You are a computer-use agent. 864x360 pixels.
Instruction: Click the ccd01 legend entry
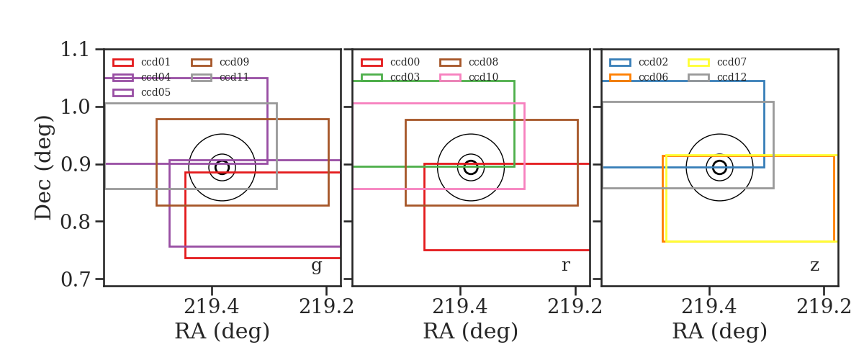pos(142,62)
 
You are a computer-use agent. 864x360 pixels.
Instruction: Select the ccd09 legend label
pos(234,62)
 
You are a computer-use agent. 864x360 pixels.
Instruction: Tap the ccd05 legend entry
pos(142,93)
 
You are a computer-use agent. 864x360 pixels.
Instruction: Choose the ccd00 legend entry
pos(390,62)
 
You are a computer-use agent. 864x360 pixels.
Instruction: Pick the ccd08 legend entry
pos(469,62)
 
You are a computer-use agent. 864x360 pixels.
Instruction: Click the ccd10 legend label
pos(483,77)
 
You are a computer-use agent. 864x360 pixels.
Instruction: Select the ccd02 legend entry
pos(639,62)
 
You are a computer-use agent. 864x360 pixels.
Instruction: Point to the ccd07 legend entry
pos(717,62)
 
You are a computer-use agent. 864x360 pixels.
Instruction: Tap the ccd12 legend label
pos(732,77)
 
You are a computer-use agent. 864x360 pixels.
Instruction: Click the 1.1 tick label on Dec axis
pos(75,50)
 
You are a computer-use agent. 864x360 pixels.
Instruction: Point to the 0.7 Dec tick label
pos(75,279)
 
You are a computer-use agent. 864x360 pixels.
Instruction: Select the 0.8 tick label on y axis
pos(75,222)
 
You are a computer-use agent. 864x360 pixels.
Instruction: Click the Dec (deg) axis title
pos(42,168)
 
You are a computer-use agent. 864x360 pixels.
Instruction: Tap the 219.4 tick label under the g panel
pos(212,307)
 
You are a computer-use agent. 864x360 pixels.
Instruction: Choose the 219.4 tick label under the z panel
pos(709,307)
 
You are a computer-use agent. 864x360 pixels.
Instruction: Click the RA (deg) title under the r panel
pos(471,331)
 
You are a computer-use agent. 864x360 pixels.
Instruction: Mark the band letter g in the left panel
pos(316,266)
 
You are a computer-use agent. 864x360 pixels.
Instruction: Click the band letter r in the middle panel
pos(565,265)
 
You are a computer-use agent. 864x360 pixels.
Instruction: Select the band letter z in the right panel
pos(814,266)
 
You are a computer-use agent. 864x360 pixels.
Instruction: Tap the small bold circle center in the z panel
pos(719,168)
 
